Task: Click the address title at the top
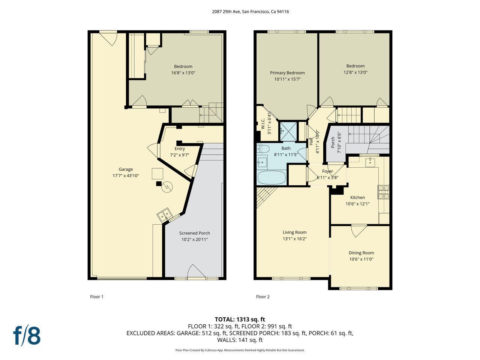[x=250, y=12]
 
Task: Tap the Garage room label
[x=126, y=169]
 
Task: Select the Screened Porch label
[x=194, y=233]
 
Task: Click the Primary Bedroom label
[x=287, y=73]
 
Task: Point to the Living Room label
[x=294, y=232]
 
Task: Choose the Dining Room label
[x=361, y=253]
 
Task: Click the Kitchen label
[x=357, y=197]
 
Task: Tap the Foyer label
[x=327, y=171]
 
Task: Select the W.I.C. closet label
[x=263, y=124]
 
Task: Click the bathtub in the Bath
[x=272, y=178]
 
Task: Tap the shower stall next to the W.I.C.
[x=288, y=130]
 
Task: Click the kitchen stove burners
[x=384, y=192]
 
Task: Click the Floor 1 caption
[x=96, y=297]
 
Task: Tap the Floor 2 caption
[x=262, y=297]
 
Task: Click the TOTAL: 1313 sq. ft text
[x=240, y=319]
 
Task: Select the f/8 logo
[x=27, y=336]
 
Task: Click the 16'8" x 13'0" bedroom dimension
[x=183, y=73]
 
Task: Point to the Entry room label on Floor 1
[x=180, y=148]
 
